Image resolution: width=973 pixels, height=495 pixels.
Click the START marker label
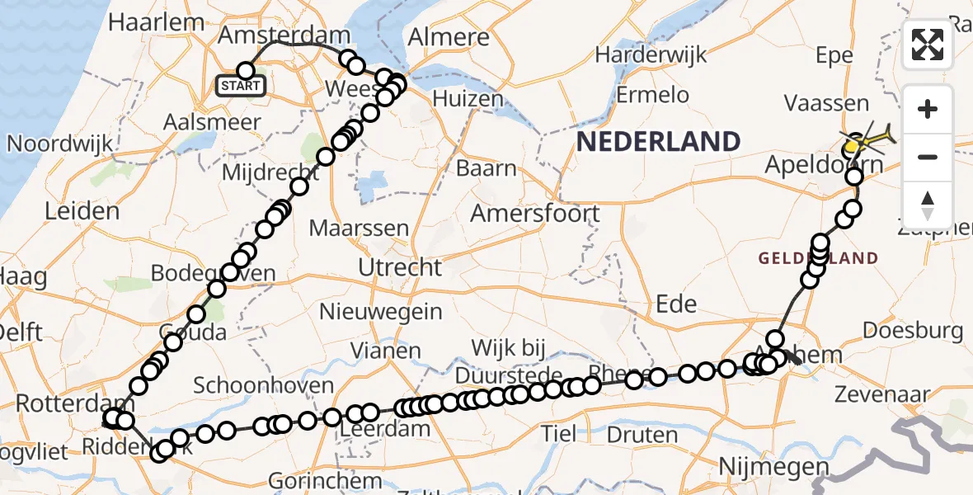pyautogui.click(x=242, y=86)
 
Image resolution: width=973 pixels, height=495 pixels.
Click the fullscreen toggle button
pyautogui.click(x=928, y=45)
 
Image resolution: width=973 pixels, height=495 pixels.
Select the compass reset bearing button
pyautogui.click(x=928, y=205)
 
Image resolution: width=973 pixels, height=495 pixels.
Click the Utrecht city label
pyautogui.click(x=400, y=267)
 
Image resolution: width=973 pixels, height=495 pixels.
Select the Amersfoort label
pyautogui.click(x=535, y=214)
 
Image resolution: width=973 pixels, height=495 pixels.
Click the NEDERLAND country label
pyautogui.click(x=658, y=142)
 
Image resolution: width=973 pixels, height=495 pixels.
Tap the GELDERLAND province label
pyautogui.click(x=819, y=259)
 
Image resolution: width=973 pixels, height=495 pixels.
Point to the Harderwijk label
pyautogui.click(x=651, y=55)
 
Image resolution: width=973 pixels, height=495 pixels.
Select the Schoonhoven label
pyautogui.click(x=264, y=385)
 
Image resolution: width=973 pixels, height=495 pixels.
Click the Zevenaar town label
pyautogui.click(x=883, y=394)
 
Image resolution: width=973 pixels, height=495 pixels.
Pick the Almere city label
pyautogui.click(x=449, y=38)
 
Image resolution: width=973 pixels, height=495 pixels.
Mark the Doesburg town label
pyautogui.click(x=913, y=332)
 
